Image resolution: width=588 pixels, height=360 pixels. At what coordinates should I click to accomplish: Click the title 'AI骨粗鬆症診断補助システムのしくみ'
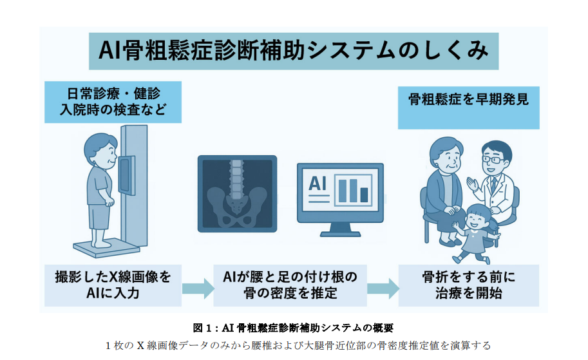(294, 51)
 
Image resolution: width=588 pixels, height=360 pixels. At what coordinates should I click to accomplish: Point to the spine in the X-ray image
(236, 178)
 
